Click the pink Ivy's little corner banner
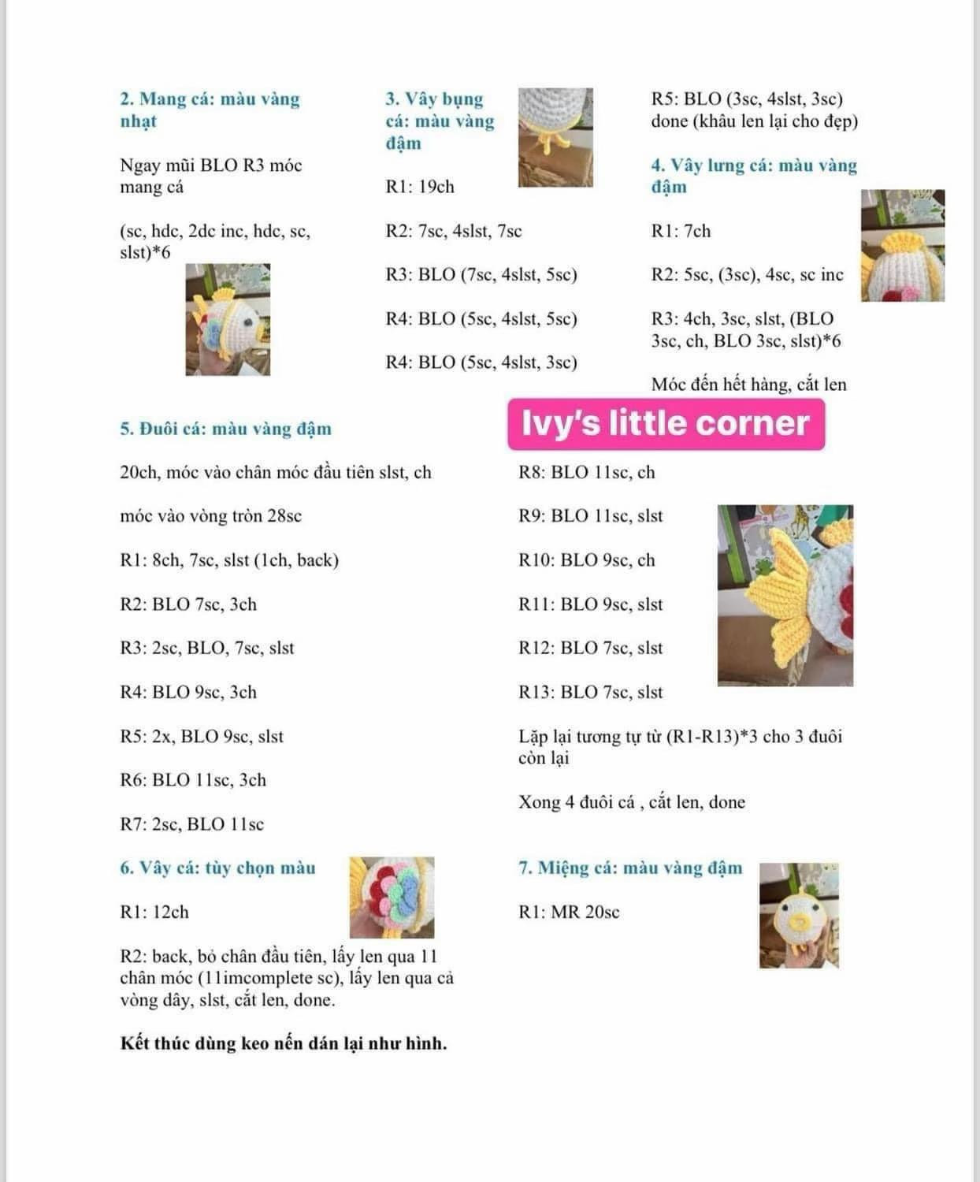[x=666, y=424]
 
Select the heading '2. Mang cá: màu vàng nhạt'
[x=210, y=110]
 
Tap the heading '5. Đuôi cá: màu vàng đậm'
[x=226, y=429]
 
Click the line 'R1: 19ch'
[x=420, y=187]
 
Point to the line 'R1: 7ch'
[x=681, y=231]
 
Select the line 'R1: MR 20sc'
[x=569, y=912]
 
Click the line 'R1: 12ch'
[x=154, y=912]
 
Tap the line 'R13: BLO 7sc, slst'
[x=590, y=692]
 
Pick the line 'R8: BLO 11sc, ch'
[x=586, y=472]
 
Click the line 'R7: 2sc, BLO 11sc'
[x=191, y=824]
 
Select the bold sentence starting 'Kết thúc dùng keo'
[x=284, y=1043]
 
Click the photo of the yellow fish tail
[x=785, y=596]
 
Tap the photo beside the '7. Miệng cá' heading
[x=799, y=916]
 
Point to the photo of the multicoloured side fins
[x=392, y=898]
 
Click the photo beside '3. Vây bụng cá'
[x=555, y=138]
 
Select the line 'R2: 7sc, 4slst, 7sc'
[x=454, y=231]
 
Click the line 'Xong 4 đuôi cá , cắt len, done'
[x=632, y=802]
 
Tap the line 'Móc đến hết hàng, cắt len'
[x=748, y=385]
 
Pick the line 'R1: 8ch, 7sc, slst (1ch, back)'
[x=229, y=559]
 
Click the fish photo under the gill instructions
[x=228, y=319]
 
